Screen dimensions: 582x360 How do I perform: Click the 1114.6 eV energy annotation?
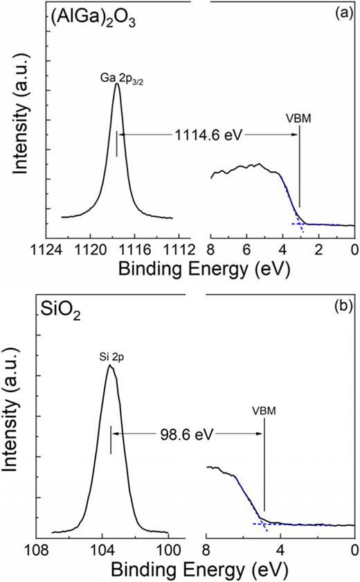tap(205, 134)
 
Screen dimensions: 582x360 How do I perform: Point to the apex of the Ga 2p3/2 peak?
tap(117, 85)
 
